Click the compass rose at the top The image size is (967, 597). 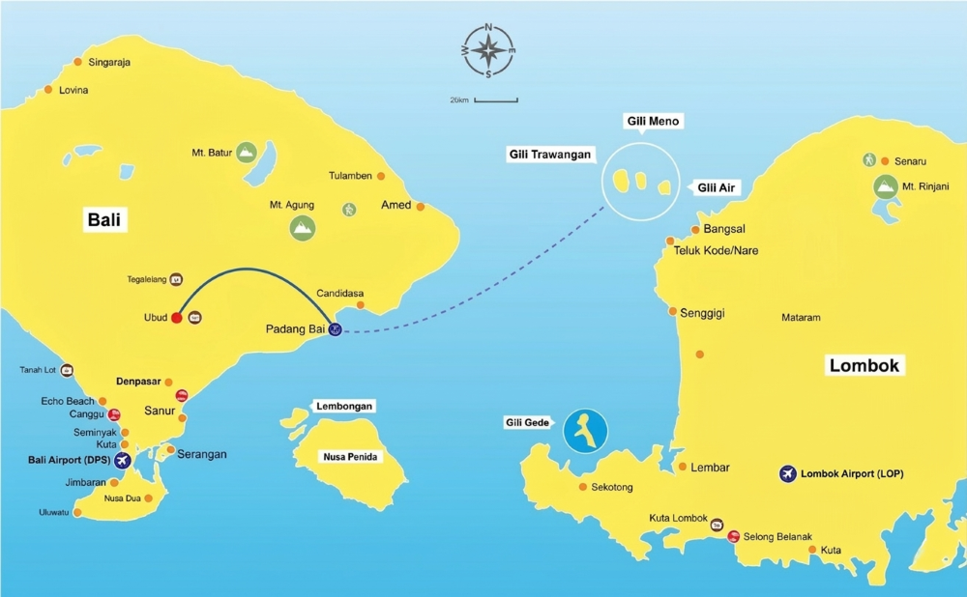[489, 50]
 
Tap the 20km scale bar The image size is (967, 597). [496, 99]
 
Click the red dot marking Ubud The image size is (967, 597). [177, 318]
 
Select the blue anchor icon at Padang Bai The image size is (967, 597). [334, 329]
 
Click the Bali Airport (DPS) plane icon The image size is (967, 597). [122, 460]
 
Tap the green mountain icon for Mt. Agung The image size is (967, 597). [303, 227]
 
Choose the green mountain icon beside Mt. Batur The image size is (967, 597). [247, 152]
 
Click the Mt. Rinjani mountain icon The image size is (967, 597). [884, 186]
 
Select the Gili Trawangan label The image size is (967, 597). [549, 155]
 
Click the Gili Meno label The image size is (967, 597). [653, 122]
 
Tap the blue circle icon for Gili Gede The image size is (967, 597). [585, 431]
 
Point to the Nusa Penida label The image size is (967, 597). [350, 456]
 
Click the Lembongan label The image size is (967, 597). [344, 407]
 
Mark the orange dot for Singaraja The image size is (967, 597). [78, 63]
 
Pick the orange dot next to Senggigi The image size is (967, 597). [673, 311]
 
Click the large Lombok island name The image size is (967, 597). [864, 365]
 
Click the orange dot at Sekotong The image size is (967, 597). [582, 486]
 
